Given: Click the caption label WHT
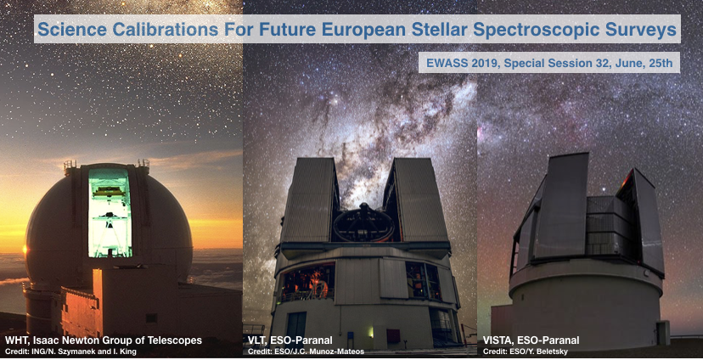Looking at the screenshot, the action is point(15,340).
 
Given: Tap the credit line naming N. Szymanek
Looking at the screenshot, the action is point(70,352).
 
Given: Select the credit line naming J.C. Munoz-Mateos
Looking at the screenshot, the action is point(306,352).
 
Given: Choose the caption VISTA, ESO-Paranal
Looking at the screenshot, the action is point(531,340).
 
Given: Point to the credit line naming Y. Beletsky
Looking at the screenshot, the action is point(526,352).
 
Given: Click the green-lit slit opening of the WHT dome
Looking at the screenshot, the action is point(110,213).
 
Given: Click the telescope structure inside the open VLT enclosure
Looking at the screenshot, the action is point(364,223).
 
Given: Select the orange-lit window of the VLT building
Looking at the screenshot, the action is point(307,282).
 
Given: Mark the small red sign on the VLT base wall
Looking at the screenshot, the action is point(393,335).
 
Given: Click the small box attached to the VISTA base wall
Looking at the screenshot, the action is point(662,333).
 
